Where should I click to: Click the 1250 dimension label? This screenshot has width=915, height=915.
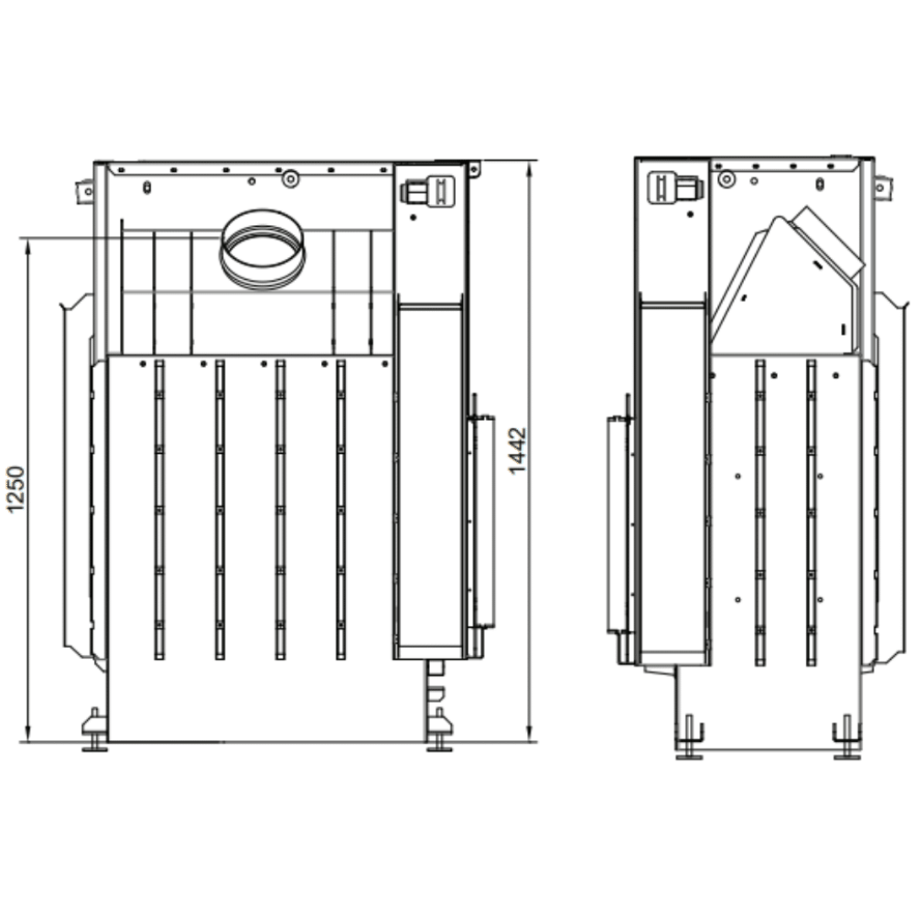(x=16, y=489)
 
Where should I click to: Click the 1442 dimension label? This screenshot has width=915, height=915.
(x=517, y=451)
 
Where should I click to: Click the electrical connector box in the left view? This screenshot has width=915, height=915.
(x=427, y=190)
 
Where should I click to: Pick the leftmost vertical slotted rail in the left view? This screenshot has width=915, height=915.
(x=159, y=510)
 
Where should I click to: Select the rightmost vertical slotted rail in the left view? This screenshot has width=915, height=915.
(x=340, y=510)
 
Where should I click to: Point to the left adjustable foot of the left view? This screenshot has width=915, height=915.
(x=94, y=730)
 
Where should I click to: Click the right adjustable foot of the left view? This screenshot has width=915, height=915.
(x=439, y=730)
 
